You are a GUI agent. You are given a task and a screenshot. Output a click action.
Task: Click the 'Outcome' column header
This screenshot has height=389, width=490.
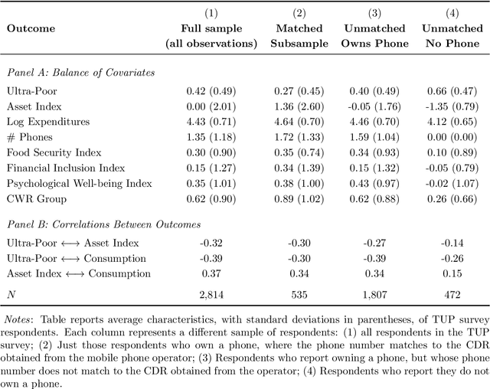30,36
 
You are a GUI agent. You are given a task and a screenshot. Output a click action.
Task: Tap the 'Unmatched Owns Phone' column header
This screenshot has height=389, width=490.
374,36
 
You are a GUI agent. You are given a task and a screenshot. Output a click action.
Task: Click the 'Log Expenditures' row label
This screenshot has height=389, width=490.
47,121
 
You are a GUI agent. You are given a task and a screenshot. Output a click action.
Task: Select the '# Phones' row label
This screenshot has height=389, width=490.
28,137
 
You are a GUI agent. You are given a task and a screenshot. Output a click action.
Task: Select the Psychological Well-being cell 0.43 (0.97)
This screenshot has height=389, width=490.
374,184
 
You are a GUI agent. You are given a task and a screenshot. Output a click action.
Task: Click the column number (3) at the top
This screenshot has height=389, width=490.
374,14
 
